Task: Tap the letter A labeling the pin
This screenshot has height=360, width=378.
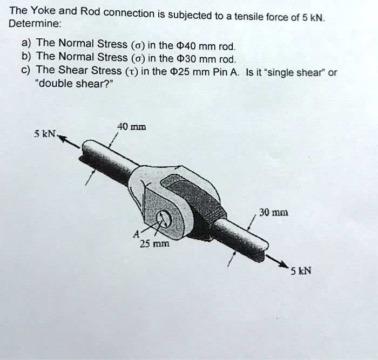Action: click(136, 234)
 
